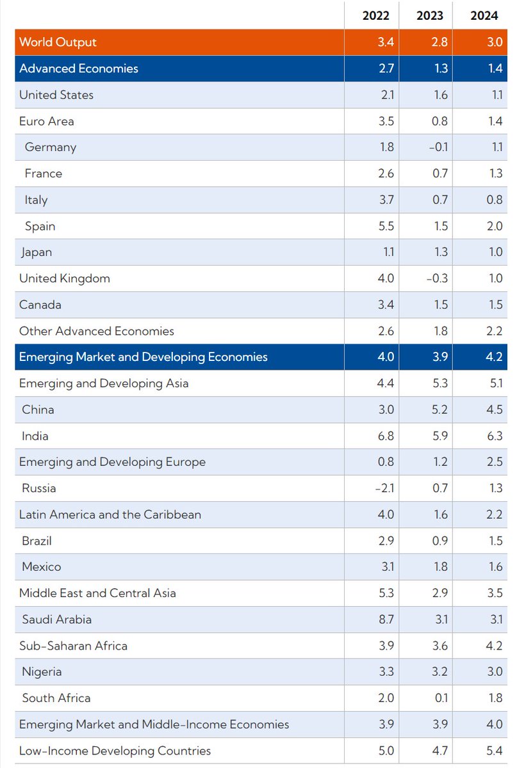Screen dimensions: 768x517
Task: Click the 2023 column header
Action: tap(429, 16)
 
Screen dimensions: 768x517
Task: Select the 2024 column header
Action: tap(484, 16)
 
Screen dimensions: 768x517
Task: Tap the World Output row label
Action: tap(58, 42)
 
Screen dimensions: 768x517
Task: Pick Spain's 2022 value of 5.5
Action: tap(386, 226)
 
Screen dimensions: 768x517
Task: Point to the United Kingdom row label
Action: tap(65, 278)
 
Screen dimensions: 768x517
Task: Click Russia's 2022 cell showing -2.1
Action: tap(384, 488)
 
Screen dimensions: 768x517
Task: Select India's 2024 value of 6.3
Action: tap(495, 436)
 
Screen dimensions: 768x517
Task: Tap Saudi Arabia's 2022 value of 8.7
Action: tap(386, 620)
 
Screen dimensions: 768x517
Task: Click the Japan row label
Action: tap(36, 252)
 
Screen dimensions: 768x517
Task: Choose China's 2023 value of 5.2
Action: tap(440, 410)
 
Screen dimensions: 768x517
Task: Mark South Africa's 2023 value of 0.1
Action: tap(441, 698)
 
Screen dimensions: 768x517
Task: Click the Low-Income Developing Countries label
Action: tap(115, 751)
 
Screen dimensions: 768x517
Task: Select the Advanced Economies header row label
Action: tap(79, 68)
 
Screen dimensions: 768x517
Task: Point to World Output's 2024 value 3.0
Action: tap(495, 42)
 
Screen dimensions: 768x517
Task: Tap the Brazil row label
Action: tap(37, 541)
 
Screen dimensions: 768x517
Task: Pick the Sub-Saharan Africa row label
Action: tap(73, 646)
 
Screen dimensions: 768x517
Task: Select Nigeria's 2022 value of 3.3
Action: tap(386, 672)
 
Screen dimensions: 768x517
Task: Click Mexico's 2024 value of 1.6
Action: tap(495, 567)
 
